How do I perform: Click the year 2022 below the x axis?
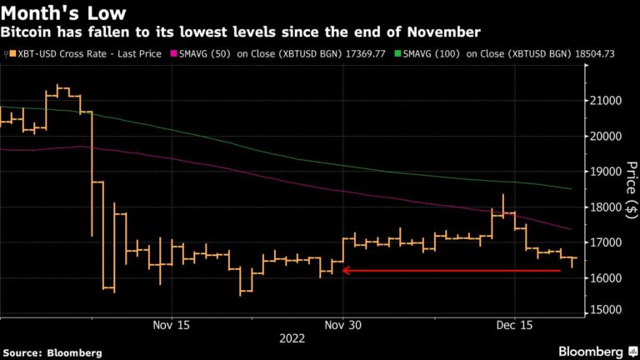292,339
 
